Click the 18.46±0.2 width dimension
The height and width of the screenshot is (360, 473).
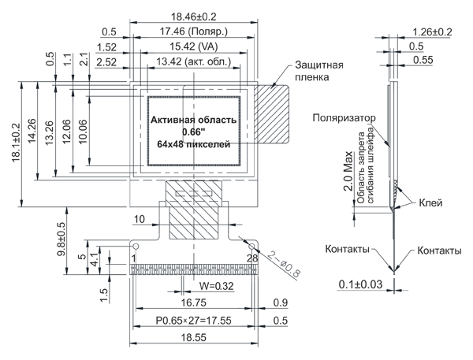194,17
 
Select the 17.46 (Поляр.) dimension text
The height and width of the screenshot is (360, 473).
193,32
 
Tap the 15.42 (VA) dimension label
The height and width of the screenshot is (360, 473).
193,46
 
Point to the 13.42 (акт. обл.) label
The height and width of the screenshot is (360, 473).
193,61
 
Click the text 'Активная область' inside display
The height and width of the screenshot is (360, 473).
193,120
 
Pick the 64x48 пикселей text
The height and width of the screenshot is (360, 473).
193,144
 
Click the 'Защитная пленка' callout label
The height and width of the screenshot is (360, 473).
318,71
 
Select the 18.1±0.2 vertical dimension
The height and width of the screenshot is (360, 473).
16,143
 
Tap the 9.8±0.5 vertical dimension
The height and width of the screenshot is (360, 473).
61,239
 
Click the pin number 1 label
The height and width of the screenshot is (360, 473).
134,258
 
